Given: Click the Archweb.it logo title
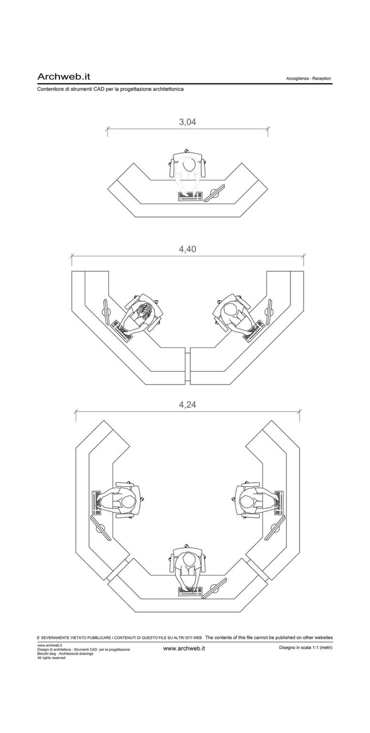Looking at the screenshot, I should tap(64, 76).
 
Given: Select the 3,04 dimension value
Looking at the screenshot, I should tap(187, 122).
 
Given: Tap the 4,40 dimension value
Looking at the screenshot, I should tap(187, 249).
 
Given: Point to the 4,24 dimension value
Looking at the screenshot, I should tap(187, 405).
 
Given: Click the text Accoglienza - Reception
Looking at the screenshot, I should tap(308, 79).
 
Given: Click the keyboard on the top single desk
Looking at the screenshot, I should tap(190, 196).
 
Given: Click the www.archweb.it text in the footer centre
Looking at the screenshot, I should tap(184, 648).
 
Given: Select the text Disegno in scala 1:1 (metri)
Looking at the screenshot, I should tap(306, 648).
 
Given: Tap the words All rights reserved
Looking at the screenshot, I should tap(51, 658).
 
